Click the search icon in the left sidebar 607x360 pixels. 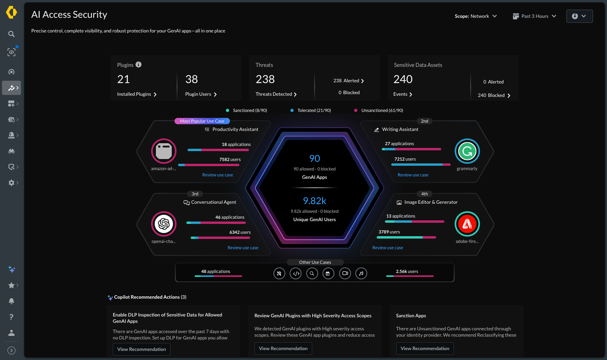(11, 34)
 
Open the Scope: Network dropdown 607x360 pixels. (476, 16)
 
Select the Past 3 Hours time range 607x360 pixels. (534, 16)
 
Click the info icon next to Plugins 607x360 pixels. (138, 64)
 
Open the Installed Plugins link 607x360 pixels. (137, 94)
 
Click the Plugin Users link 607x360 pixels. (201, 94)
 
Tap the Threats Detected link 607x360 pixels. (276, 94)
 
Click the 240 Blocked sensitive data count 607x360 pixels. (494, 95)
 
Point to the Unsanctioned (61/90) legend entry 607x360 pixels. (379, 110)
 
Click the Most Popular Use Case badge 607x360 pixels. (202, 121)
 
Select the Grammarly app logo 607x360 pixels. (467, 151)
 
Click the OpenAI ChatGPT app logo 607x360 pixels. (164, 224)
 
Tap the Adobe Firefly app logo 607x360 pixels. (467, 224)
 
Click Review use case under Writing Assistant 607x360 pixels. (413, 175)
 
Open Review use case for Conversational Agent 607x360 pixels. (243, 248)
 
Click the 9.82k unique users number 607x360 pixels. (314, 201)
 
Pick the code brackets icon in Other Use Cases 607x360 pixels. (296, 274)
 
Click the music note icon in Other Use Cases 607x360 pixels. (361, 274)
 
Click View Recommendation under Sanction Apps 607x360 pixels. (425, 349)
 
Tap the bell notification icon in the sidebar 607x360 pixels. (11, 301)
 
